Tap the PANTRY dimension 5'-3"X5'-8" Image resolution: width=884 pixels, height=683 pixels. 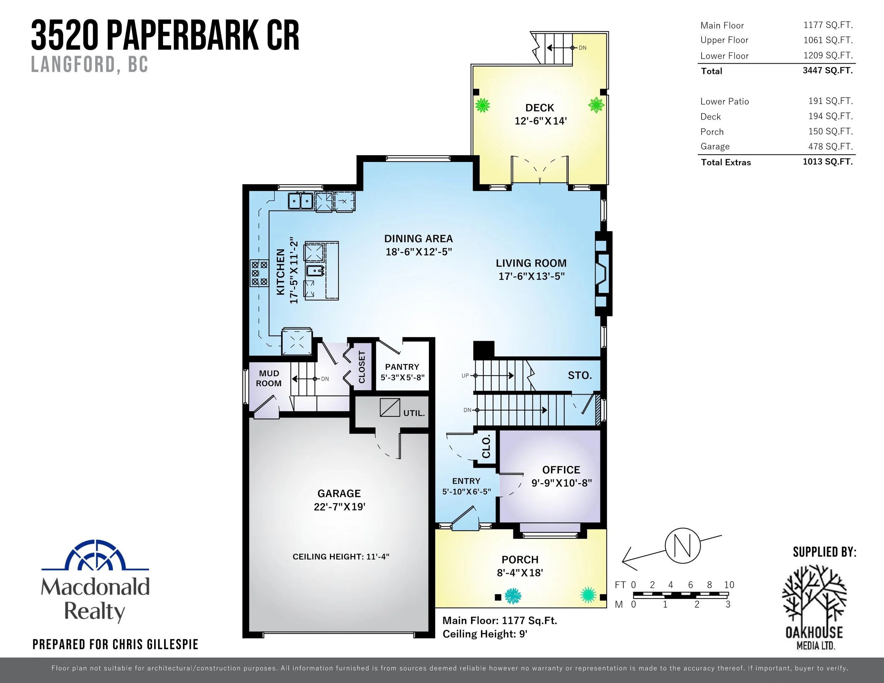point(402,378)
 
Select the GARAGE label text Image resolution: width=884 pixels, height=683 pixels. point(339,494)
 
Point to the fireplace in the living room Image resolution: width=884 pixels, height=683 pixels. point(602,274)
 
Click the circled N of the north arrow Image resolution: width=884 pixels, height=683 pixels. point(682,546)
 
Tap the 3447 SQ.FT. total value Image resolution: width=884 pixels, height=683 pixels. point(827,70)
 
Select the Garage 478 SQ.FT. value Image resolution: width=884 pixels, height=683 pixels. point(830,146)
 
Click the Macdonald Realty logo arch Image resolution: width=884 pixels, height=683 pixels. point(95,555)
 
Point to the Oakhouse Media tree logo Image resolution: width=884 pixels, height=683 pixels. point(814,594)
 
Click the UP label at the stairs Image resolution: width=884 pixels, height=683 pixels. point(465,375)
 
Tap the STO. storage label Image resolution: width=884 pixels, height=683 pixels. point(580,375)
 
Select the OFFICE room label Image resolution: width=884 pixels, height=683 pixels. point(561,470)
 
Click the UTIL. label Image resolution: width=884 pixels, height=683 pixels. point(414,413)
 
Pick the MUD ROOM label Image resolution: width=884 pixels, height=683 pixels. point(269,378)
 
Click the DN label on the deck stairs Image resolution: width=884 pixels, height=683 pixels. point(582,48)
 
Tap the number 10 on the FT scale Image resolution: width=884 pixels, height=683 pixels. point(729,585)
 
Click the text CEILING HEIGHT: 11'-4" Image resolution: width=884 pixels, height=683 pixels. point(341,557)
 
